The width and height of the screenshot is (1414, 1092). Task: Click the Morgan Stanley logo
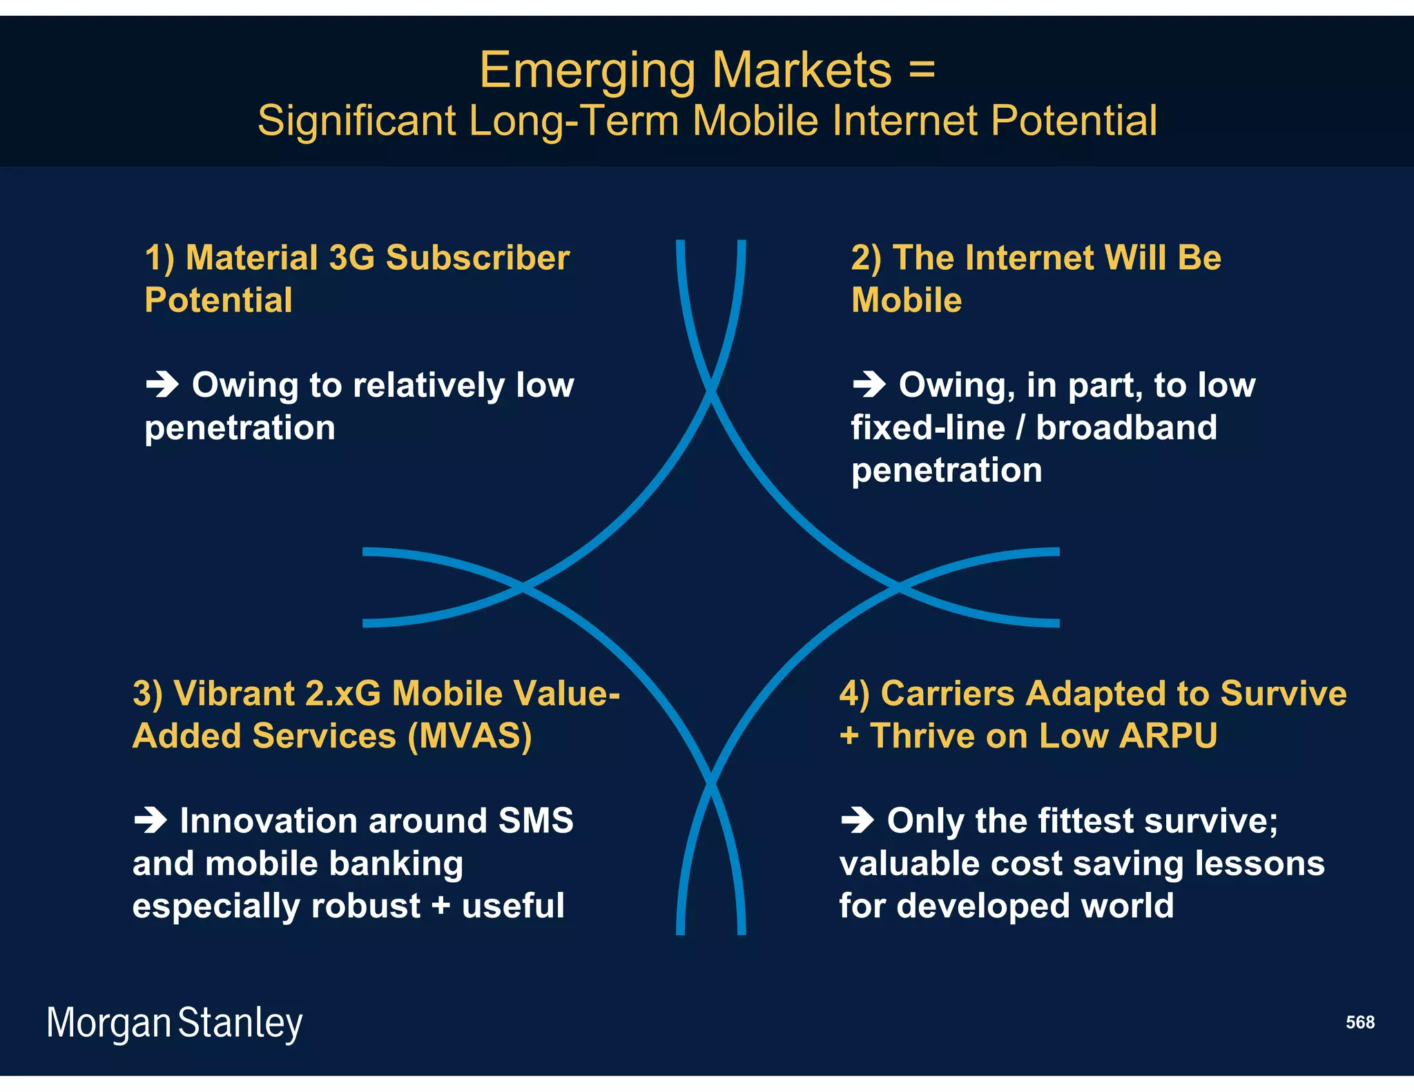click(174, 1023)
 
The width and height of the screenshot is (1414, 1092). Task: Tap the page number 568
click(1359, 1022)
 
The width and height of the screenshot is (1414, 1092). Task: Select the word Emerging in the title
click(588, 71)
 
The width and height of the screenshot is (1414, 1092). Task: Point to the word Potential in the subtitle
click(1074, 121)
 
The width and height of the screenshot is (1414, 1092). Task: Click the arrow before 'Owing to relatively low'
click(163, 384)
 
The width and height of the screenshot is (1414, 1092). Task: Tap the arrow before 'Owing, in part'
click(869, 384)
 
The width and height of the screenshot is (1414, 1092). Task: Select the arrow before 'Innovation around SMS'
click(151, 820)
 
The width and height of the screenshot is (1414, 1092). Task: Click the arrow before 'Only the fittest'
click(858, 820)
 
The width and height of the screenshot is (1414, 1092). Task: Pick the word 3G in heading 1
click(351, 258)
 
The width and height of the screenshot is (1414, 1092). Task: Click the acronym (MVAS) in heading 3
click(469, 736)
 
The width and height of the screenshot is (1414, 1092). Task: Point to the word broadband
click(1126, 427)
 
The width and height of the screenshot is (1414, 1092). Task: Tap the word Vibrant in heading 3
click(234, 694)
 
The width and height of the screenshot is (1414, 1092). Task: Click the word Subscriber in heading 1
click(477, 258)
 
